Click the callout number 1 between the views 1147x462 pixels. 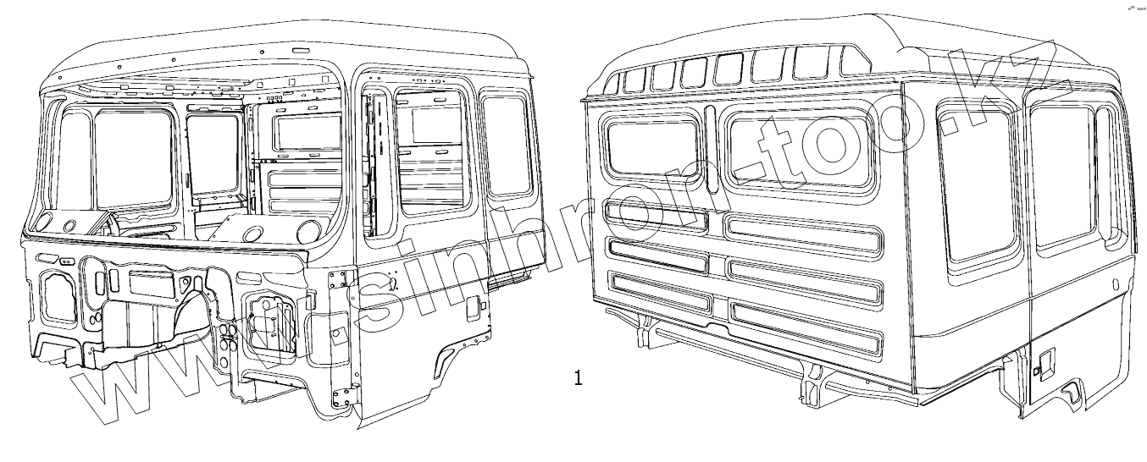point(579,377)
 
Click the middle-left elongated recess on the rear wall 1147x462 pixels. point(657,254)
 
